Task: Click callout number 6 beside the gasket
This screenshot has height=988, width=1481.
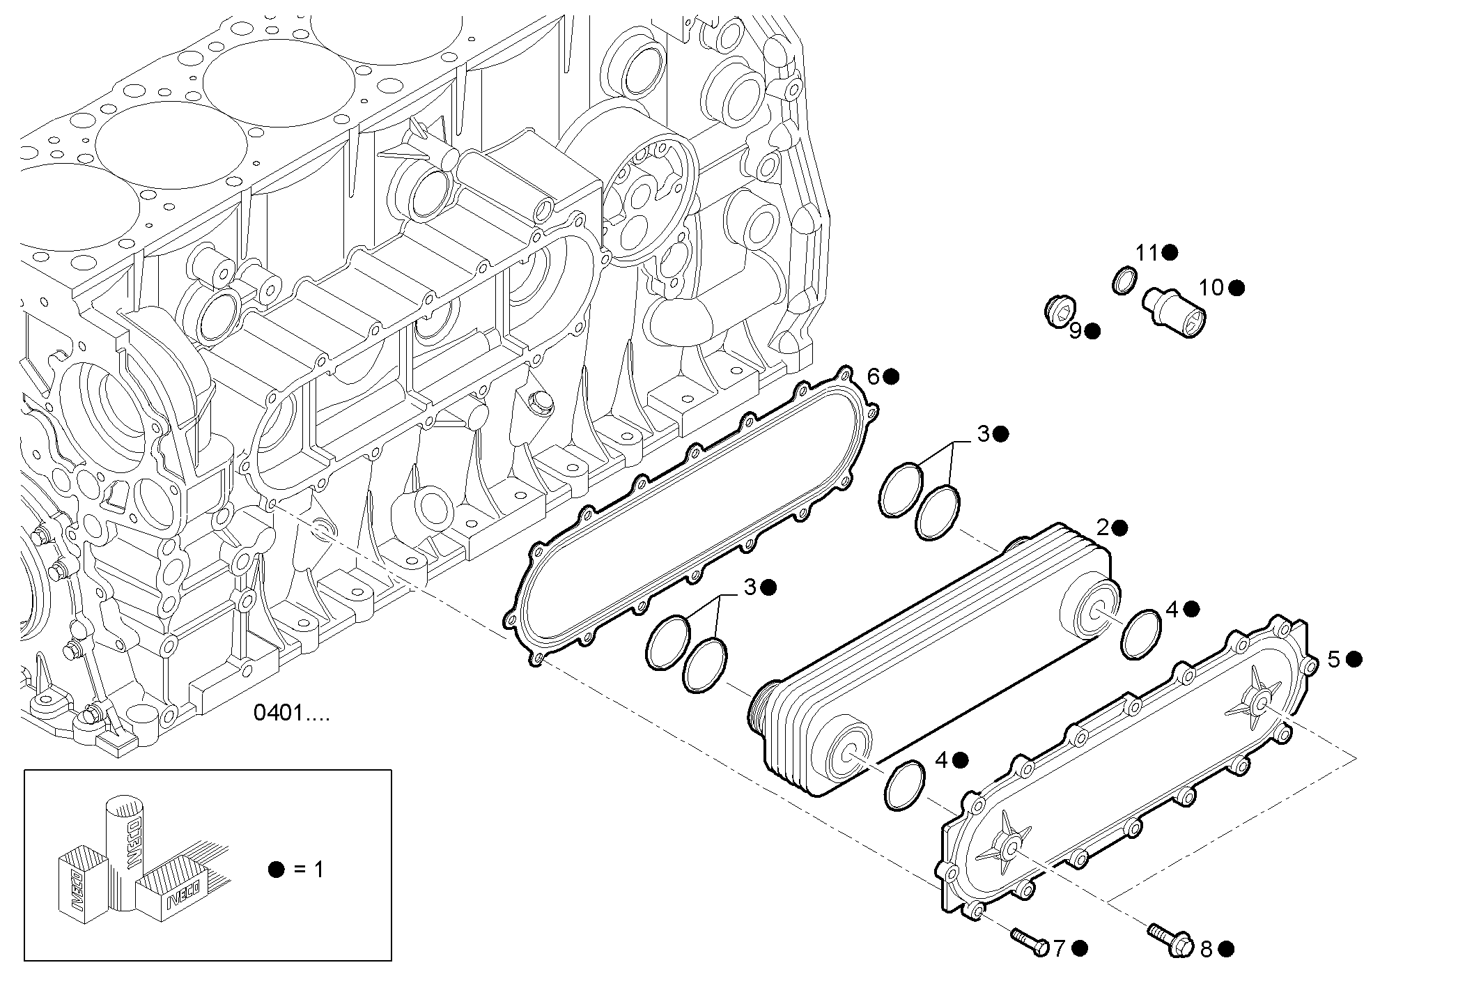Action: coord(874,377)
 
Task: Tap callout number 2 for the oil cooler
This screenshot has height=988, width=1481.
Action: coord(1103,528)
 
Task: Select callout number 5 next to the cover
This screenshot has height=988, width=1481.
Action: coord(1333,659)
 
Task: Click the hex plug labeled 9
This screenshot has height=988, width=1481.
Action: coord(1061,310)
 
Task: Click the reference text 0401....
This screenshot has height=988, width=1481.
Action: coord(292,713)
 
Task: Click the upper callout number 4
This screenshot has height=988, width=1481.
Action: coord(1172,610)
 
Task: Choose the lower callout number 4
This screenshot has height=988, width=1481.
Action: coord(941,760)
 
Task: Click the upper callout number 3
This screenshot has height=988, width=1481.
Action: coord(983,434)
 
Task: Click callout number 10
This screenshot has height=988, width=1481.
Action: coord(1211,288)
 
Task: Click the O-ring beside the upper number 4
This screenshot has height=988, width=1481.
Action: coord(1142,633)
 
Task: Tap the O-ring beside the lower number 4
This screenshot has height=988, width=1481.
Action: coord(906,785)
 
